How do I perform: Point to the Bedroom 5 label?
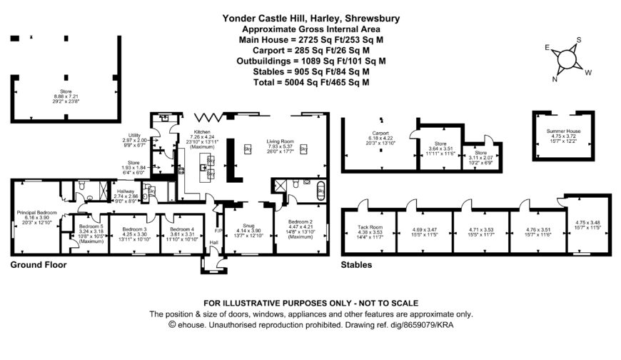pyautogui.click(x=91, y=226)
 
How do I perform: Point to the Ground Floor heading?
pyautogui.click(x=39, y=265)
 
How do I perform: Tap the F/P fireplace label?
pyautogui.click(x=219, y=231)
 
